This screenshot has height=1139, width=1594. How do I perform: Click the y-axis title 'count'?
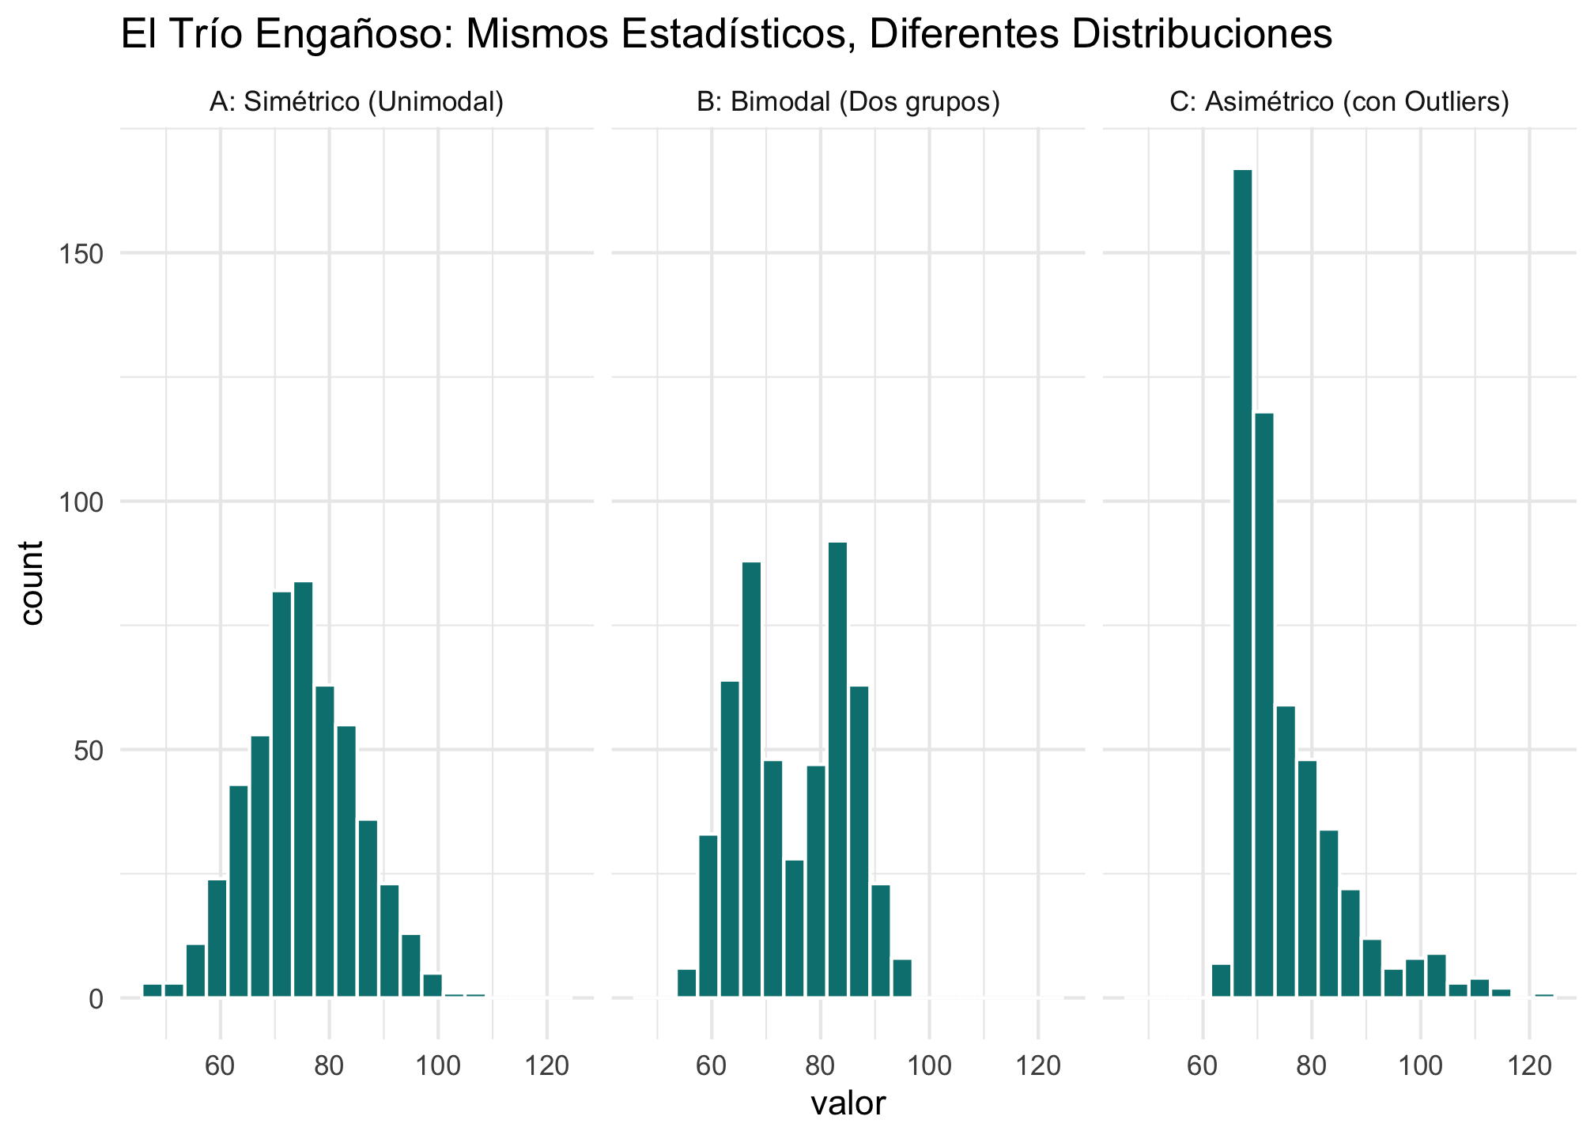pos(32,583)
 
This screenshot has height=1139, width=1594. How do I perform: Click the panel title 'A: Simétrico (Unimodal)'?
pos(357,102)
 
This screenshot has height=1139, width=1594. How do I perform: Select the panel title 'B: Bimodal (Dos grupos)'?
pos(848,102)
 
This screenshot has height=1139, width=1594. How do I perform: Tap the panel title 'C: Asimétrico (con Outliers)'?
pos(1339,102)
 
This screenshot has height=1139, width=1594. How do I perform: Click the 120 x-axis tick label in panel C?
pos(1529,1066)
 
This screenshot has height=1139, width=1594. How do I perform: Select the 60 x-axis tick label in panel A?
pos(221,1066)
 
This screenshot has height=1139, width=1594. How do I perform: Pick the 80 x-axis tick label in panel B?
pos(821,1066)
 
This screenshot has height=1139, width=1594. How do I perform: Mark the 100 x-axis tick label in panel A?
pos(438,1066)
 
